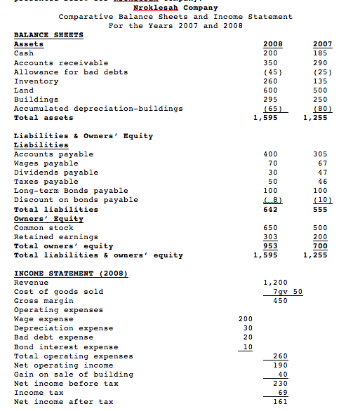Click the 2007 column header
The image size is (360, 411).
pos(324,44)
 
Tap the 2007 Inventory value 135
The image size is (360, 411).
pos(324,81)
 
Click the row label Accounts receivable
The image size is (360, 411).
pos(61,62)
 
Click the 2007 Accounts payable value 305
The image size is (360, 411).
pos(324,154)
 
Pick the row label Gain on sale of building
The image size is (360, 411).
pos(66,375)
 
